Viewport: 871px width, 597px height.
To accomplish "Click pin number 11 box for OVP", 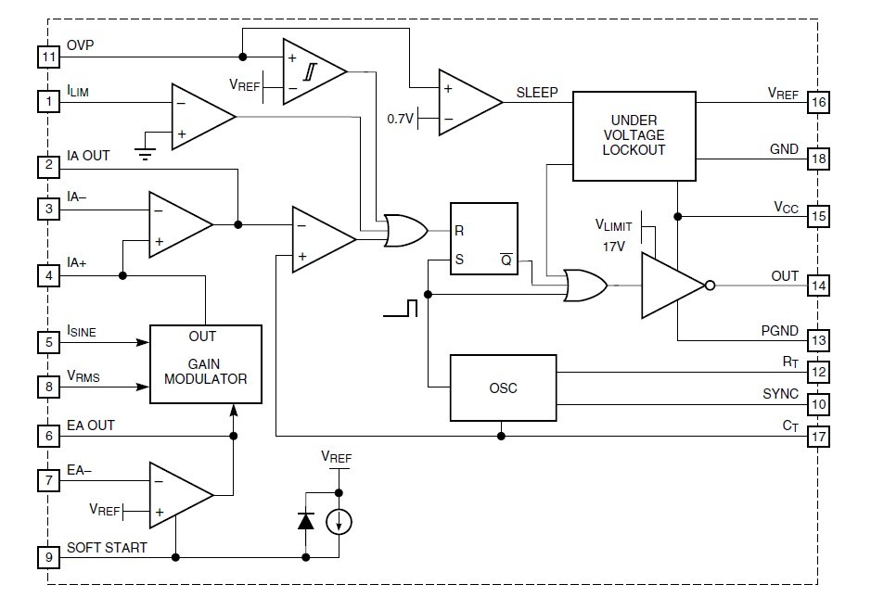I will pos(48,57).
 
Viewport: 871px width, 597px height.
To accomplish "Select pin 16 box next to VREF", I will pos(817,102).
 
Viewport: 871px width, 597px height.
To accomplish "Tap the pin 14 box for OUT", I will pos(817,285).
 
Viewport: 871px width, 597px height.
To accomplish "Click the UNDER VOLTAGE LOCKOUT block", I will pos(634,135).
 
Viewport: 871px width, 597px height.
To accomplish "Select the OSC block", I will pos(502,387).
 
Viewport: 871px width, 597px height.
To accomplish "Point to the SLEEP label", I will pos(537,93).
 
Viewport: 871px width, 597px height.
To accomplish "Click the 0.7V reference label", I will pos(400,119).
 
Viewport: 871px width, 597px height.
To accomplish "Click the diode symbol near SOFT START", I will pos(306,520).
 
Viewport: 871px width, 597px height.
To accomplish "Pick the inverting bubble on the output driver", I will pos(710,286).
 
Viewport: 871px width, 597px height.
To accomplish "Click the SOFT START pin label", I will pos(106,547).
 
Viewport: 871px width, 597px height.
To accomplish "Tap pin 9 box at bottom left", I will pos(48,557).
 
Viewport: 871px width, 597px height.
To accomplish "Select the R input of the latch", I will pos(459,231).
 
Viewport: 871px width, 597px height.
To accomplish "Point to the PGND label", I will pos(780,330).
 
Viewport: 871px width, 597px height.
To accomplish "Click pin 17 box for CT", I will pos(817,436).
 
